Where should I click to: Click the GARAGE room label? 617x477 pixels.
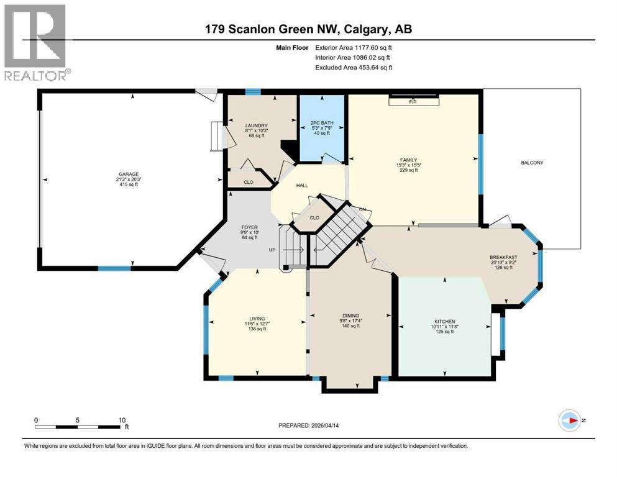pyautogui.click(x=130, y=174)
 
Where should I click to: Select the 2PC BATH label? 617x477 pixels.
pyautogui.click(x=322, y=123)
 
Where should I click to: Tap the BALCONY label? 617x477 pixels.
pyautogui.click(x=532, y=163)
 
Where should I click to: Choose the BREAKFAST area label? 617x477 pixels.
pyautogui.click(x=503, y=257)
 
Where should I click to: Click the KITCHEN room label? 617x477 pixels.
pyautogui.click(x=445, y=321)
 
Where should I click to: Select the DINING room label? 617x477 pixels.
pyautogui.click(x=350, y=316)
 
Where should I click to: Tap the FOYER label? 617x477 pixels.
pyautogui.click(x=249, y=227)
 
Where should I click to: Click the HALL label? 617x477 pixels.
pyautogui.click(x=302, y=185)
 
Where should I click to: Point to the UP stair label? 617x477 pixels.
pyautogui.click(x=272, y=250)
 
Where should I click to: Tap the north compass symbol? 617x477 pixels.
pyautogui.click(x=570, y=420)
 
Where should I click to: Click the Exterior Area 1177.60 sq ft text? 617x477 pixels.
pyautogui.click(x=354, y=47)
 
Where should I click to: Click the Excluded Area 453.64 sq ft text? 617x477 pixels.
pyautogui.click(x=354, y=67)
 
